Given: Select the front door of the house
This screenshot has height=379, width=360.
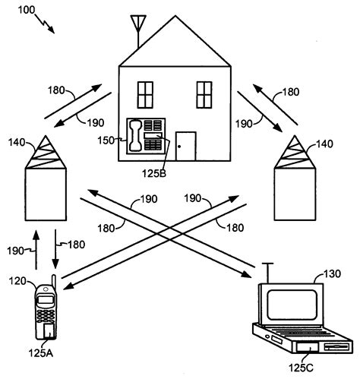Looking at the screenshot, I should click(185, 146).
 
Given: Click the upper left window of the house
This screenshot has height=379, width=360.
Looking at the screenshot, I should click(145, 94).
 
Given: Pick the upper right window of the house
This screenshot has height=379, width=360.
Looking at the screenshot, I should click(204, 94).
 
